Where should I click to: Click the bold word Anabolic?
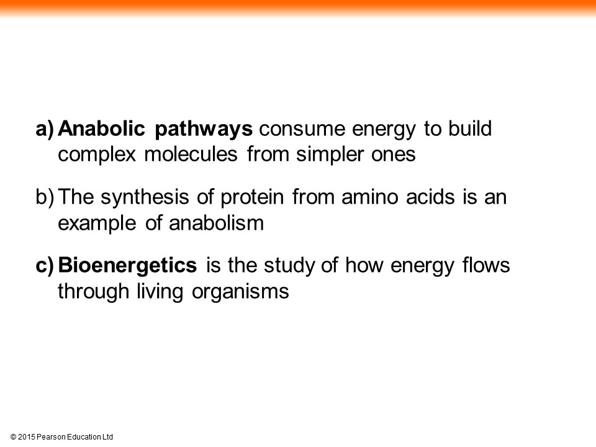(101, 129)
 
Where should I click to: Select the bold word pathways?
(204, 130)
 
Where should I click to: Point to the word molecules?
(191, 155)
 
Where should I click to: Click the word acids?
(430, 197)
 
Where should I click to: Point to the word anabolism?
(216, 223)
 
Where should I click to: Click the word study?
(289, 266)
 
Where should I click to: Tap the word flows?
(486, 265)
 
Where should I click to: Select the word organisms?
(240, 292)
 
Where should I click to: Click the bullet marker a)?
(45, 129)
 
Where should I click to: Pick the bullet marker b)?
(45, 197)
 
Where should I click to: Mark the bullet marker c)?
(45, 266)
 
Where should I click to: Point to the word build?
(470, 129)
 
